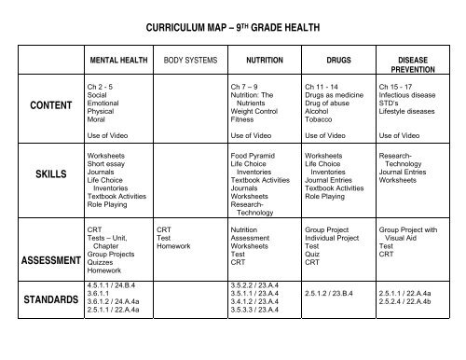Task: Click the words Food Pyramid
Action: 254,155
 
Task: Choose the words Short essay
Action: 106,163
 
